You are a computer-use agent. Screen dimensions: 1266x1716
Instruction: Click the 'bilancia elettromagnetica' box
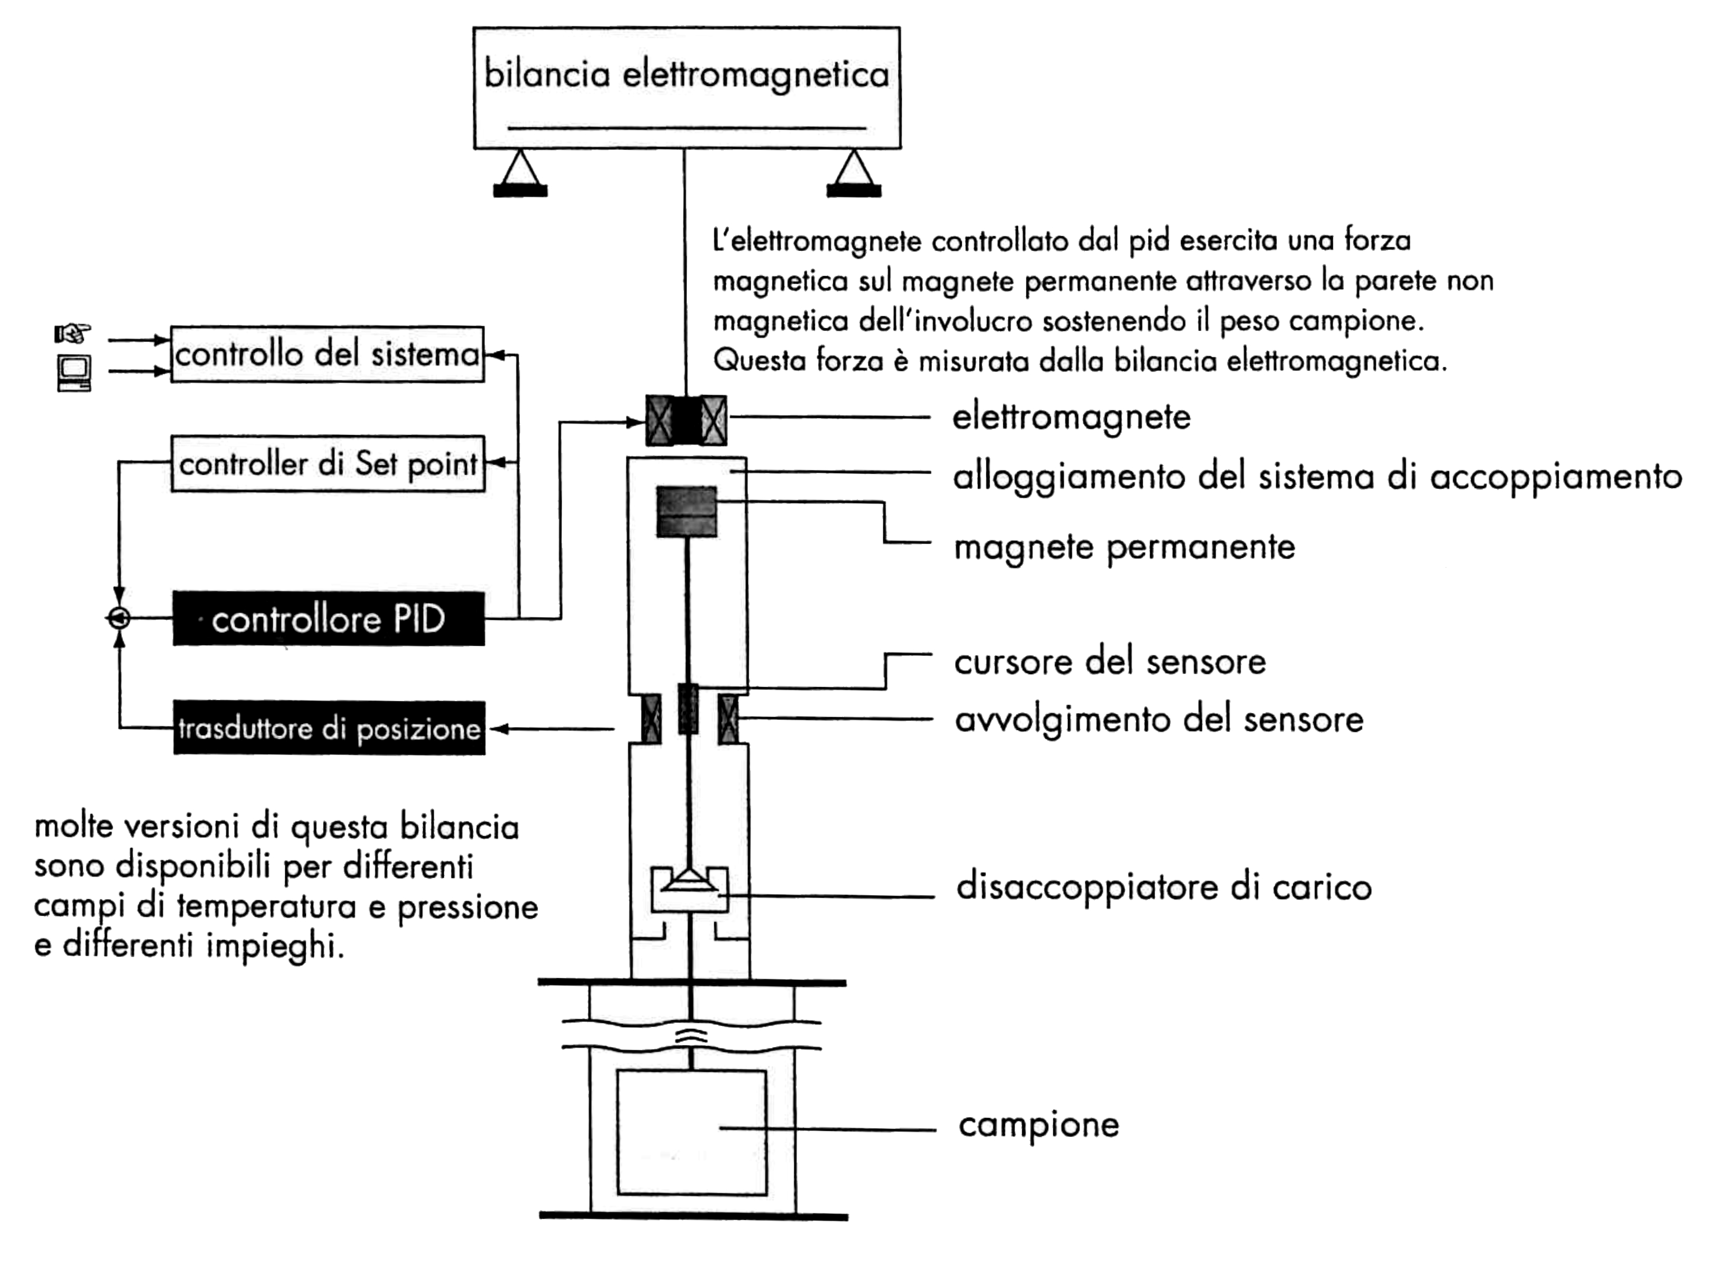pos(687,87)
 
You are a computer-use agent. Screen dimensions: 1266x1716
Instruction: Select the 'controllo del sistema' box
pos(327,354)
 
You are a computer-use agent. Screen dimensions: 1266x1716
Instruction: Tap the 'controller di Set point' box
pos(328,464)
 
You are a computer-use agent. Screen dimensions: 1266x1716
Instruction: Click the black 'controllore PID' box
pos(328,618)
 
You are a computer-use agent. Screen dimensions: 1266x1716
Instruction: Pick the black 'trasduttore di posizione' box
pos(329,728)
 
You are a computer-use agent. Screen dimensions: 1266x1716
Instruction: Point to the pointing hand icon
pos(73,334)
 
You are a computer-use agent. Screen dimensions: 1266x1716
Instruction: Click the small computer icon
pos(74,373)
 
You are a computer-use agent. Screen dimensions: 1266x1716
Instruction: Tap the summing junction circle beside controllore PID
pos(119,618)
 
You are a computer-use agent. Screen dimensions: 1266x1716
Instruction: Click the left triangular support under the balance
pos(521,173)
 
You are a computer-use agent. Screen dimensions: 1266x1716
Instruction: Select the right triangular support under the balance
pos(854,173)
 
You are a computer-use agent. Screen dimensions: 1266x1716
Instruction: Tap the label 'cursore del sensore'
pos(1110,662)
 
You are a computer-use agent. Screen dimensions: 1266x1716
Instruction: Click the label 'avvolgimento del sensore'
pos(1159,720)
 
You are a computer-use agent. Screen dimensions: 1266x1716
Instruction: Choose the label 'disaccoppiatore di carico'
pos(1163,888)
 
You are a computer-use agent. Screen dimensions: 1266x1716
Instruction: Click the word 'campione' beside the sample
pos(1039,1125)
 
